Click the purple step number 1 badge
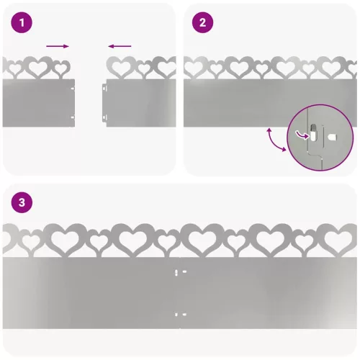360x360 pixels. click(22, 22)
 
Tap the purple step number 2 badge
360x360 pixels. click(202, 22)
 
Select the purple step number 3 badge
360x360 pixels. click(22, 202)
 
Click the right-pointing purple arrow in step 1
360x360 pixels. click(58, 46)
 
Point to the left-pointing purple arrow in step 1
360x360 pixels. click(120, 46)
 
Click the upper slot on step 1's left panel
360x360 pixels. click(73, 89)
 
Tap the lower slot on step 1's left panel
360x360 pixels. click(73, 117)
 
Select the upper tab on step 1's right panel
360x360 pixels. click(104, 87)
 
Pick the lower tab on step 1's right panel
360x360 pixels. click(104, 118)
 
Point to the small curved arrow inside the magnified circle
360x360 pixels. click(302, 135)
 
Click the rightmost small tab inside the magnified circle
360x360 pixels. click(333, 138)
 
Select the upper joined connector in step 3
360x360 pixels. click(181, 272)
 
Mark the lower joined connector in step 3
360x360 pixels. click(181, 315)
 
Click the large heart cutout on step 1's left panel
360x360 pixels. click(38, 68)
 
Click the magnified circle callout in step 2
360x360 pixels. click(320, 138)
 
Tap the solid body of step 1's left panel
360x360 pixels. click(38, 103)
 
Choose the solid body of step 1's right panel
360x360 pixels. click(141, 103)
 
